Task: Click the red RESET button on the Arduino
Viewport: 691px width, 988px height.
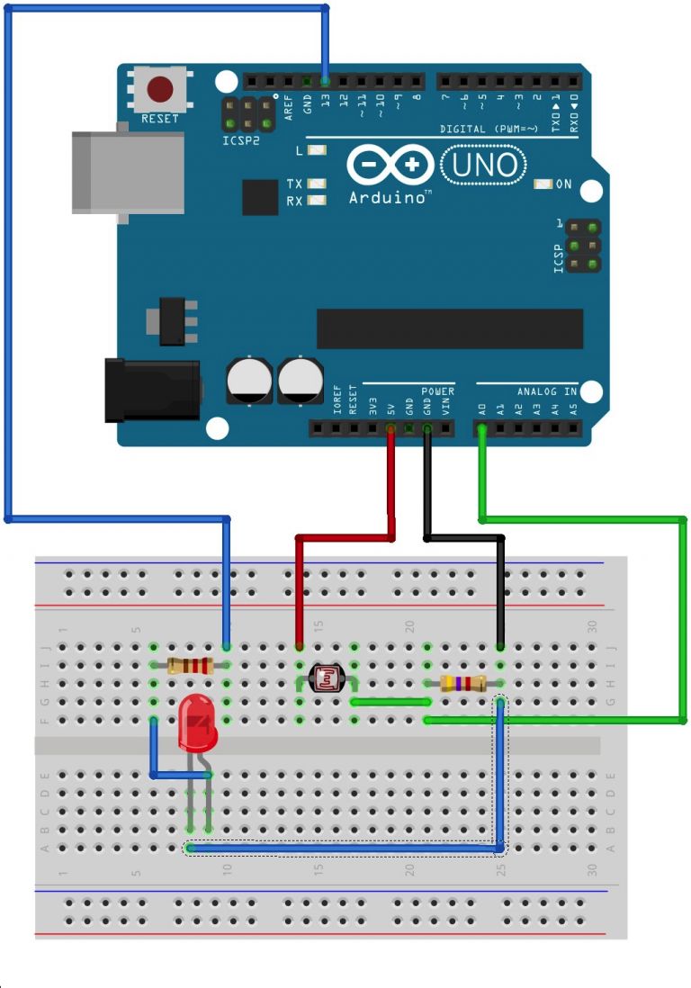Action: (x=160, y=89)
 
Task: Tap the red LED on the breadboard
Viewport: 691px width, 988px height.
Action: (x=197, y=725)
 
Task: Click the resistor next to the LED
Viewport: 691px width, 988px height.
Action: (x=190, y=666)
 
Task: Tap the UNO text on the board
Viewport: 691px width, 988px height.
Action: (x=484, y=165)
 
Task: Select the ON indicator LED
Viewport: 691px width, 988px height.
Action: (x=543, y=184)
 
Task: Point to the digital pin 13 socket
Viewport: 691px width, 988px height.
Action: (x=325, y=81)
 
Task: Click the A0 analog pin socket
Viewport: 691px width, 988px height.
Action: (x=482, y=428)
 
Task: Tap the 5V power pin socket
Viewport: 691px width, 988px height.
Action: (x=390, y=428)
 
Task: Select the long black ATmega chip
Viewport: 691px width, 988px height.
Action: (x=449, y=329)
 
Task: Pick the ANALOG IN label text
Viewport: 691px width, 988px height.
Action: (x=546, y=392)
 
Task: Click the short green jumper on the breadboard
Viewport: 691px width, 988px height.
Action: (x=390, y=701)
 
